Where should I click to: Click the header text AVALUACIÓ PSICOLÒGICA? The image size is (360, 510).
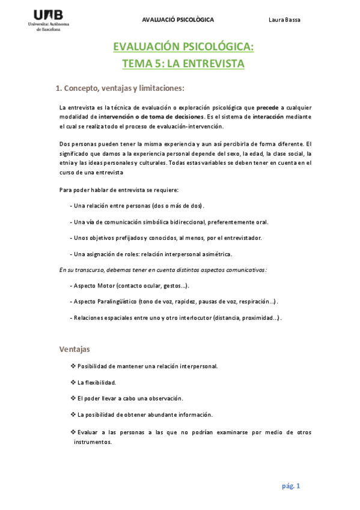click(177, 20)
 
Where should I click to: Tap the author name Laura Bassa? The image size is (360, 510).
click(284, 20)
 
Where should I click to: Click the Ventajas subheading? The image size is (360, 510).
click(75, 349)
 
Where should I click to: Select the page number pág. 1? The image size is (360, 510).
click(291, 486)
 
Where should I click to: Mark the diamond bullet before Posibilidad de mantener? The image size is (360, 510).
click(73, 366)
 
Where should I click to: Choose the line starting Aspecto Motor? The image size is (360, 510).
click(130, 286)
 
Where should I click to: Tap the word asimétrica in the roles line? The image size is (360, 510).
click(213, 254)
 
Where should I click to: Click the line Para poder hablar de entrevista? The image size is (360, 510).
click(118, 190)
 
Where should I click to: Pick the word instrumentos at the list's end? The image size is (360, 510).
click(93, 441)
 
